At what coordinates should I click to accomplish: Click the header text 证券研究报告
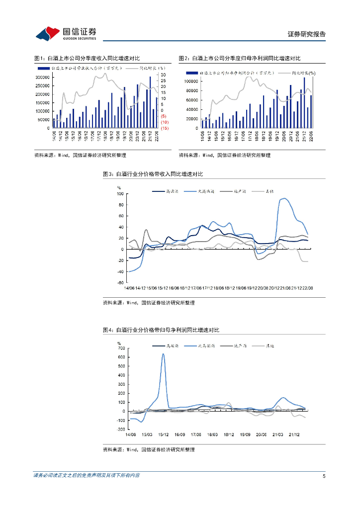pos(307,34)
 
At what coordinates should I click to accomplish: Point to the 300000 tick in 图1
pos(42,78)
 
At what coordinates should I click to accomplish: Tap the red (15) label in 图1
pos(164,128)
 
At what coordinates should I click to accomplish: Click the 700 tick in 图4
pos(121,348)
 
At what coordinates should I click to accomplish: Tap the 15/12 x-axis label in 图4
pos(163,434)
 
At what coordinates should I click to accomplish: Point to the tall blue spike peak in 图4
pos(163,354)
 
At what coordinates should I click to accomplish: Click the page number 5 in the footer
pos(324,476)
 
